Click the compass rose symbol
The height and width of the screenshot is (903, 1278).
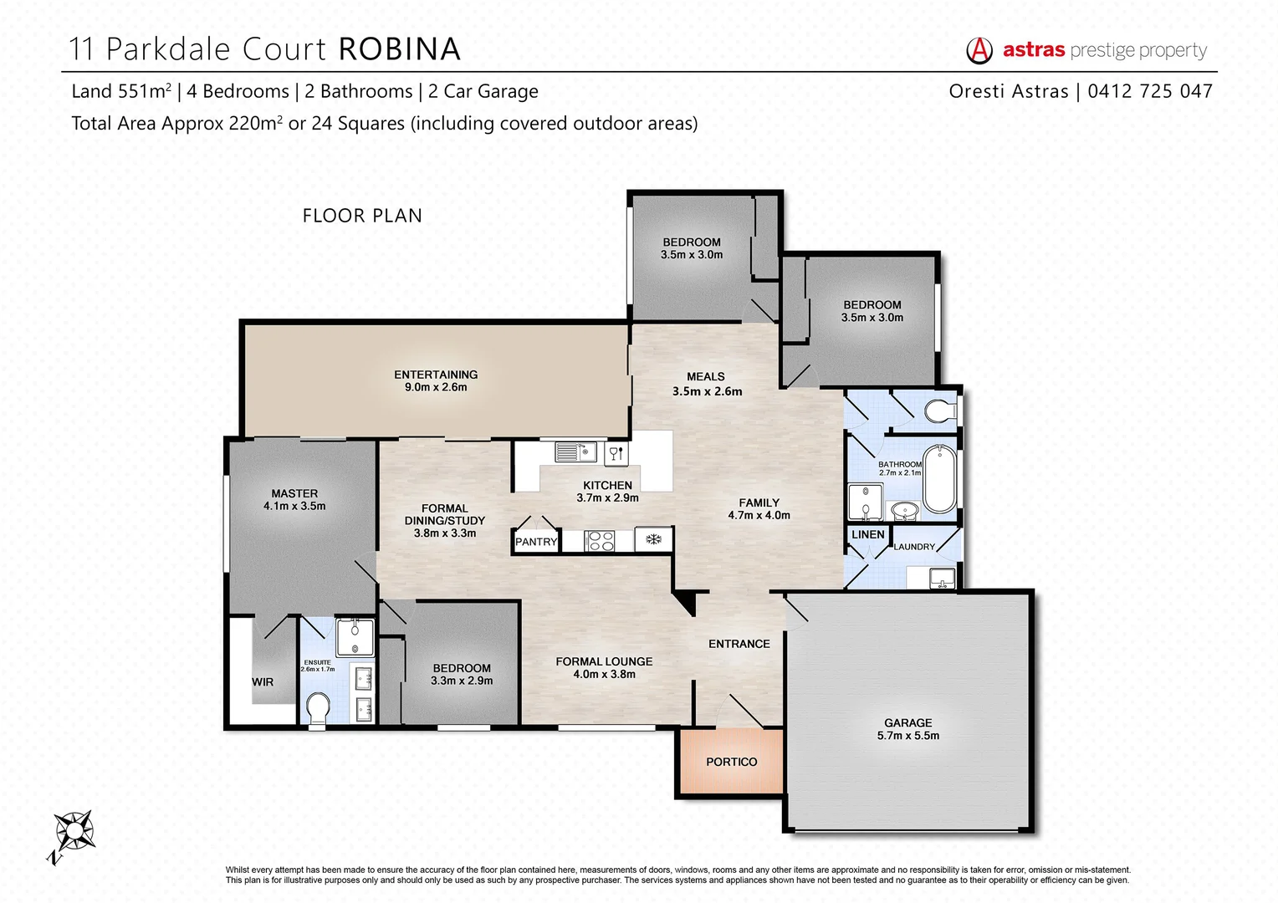pos(74,832)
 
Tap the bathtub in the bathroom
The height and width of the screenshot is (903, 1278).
pos(940,478)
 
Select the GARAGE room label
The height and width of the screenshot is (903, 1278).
pos(907,729)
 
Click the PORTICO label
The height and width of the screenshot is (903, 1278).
pos(731,762)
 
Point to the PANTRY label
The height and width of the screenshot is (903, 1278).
pos(535,542)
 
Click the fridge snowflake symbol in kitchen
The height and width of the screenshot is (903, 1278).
pos(653,539)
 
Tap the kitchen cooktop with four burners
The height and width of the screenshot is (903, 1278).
pos(600,541)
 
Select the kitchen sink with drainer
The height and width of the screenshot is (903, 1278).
pos(575,452)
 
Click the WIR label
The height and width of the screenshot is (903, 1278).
pos(263,682)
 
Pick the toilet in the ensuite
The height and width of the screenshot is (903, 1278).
pos(319,710)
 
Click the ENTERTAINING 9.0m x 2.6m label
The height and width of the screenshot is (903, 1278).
pos(436,380)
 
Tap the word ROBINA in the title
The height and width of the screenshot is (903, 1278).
pos(399,49)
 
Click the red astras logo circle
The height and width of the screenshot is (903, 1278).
pos(979,50)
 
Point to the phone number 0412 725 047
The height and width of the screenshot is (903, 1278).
pos(1150,91)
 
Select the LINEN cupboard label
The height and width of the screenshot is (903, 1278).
pos(867,534)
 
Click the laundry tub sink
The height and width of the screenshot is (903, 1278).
pos(942,577)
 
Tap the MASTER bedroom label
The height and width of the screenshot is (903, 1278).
pos(294,499)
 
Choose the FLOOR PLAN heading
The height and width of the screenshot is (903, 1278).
pos(362,216)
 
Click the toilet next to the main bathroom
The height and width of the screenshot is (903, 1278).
pos(941,411)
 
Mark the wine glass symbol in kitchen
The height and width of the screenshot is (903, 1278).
pos(616,453)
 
